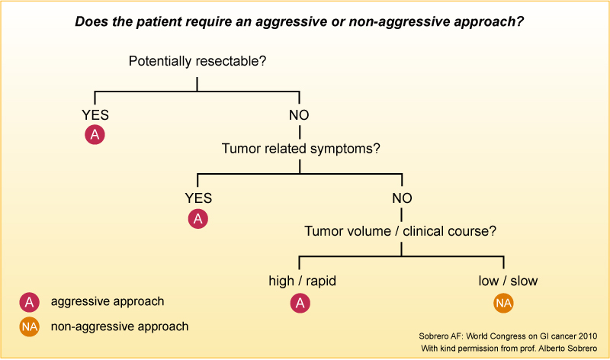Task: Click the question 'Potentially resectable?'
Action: tap(197, 61)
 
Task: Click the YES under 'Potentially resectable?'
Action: tap(95, 115)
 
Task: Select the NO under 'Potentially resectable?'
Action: tap(299, 115)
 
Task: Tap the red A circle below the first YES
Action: tap(95, 136)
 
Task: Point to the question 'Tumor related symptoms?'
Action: tap(300, 149)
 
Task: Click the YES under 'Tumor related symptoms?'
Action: tap(198, 198)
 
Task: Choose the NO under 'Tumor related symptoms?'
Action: tap(402, 198)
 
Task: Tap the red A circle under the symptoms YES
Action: tap(198, 219)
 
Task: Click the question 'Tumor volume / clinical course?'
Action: tap(402, 231)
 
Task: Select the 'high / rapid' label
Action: tap(303, 281)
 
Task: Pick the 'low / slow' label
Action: tap(508, 281)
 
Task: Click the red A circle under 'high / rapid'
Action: tap(300, 304)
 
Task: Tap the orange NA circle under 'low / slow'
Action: tap(503, 304)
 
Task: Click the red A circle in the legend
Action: tap(29, 302)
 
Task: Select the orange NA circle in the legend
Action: tap(29, 326)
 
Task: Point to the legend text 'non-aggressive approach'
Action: tap(120, 326)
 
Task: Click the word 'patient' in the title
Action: tap(159, 21)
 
